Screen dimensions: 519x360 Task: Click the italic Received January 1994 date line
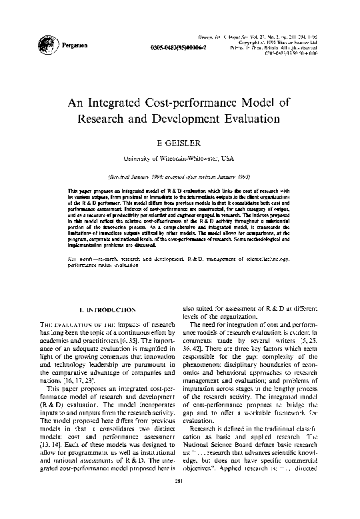tap(179, 177)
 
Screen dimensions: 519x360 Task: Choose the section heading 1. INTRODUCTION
tap(107, 310)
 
